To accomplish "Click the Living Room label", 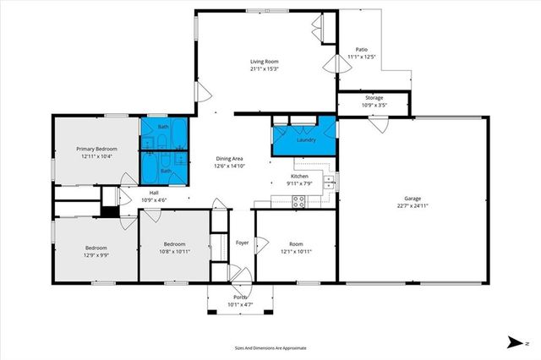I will click(264, 61).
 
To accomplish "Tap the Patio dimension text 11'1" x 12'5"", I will click(361, 57).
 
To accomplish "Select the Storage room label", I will click(374, 98).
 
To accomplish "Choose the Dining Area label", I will click(230, 159).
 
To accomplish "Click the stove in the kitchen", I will click(298, 200).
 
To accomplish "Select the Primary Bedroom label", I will click(96, 149).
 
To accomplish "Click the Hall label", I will click(155, 194).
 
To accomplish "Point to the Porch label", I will click(240, 297).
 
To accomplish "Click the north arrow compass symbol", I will click(513, 342).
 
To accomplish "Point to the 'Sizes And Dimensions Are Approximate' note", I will click(270, 347).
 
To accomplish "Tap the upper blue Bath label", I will click(163, 127).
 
